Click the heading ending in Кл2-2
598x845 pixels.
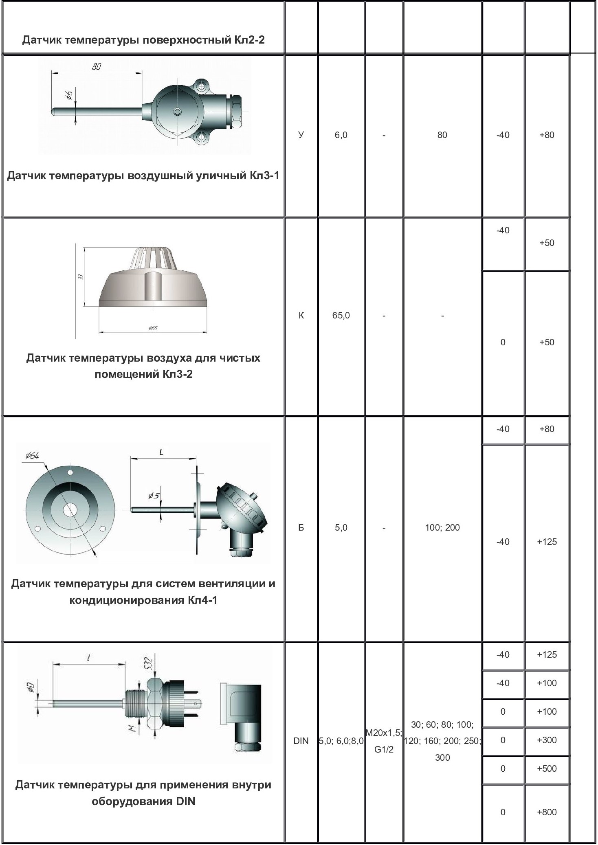[x=143, y=40]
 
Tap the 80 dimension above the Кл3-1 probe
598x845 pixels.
[x=97, y=67]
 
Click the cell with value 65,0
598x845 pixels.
[x=341, y=315]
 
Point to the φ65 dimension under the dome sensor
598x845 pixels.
[x=153, y=328]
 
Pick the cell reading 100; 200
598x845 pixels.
[x=442, y=527]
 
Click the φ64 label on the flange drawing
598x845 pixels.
[x=32, y=456]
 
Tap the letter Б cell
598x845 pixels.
[x=301, y=527]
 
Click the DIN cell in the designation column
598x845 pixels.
[x=301, y=741]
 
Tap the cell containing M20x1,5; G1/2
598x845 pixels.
[x=384, y=741]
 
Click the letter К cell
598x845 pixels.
[x=301, y=315]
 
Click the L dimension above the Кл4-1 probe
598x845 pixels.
[x=161, y=452]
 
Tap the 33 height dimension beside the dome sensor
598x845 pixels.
[x=81, y=277]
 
